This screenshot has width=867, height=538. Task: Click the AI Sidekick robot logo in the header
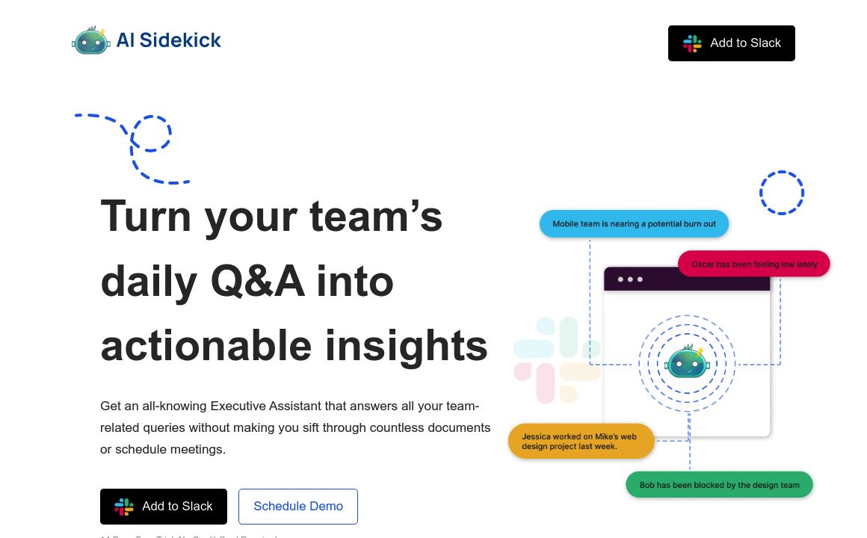[x=91, y=40]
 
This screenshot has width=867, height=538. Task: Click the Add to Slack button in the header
[x=731, y=43]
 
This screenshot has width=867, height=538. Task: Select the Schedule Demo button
[x=298, y=507]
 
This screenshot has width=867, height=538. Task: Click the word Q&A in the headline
[x=257, y=282]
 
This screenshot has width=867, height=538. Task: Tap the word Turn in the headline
[x=146, y=216]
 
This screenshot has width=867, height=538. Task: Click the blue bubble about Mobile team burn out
[x=634, y=224]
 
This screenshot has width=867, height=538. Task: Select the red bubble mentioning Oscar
[x=753, y=264]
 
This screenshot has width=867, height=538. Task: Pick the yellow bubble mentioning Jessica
[x=581, y=441]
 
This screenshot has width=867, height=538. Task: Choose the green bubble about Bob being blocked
[x=719, y=485]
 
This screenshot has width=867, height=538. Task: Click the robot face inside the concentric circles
[x=687, y=363]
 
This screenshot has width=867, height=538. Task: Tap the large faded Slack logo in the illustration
[x=557, y=359]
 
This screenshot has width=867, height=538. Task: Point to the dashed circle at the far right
[x=782, y=193]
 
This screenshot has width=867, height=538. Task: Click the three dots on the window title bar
[x=630, y=279]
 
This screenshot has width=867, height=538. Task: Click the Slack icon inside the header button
[x=692, y=43]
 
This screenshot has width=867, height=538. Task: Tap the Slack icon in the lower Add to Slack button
[x=124, y=507]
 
